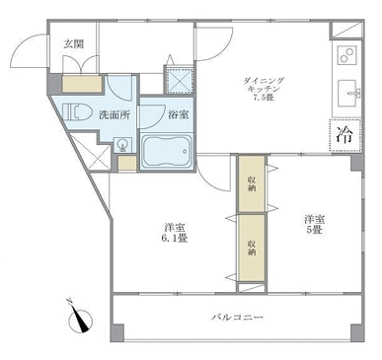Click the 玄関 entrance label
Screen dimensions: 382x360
click(x=73, y=44)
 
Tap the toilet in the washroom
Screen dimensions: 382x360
click(x=77, y=112)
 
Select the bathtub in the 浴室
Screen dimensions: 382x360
click(x=167, y=152)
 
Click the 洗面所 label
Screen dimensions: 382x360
click(x=115, y=115)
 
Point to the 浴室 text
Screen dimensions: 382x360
click(x=179, y=114)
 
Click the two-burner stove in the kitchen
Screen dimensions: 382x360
click(x=347, y=55)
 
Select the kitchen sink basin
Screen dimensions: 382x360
click(x=349, y=93)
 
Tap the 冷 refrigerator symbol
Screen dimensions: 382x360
click(x=345, y=135)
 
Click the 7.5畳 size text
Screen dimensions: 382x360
click(x=263, y=98)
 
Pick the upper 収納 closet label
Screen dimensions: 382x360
click(x=252, y=184)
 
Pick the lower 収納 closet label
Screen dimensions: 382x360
click(x=252, y=248)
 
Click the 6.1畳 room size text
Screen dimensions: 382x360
click(x=176, y=239)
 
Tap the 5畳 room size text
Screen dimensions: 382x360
click(x=314, y=230)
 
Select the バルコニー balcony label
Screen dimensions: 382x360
click(x=238, y=318)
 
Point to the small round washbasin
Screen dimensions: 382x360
click(x=123, y=145)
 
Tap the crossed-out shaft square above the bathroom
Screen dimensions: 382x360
click(x=179, y=80)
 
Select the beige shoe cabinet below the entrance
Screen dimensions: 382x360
click(x=82, y=84)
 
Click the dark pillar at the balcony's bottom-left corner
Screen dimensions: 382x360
click(x=117, y=333)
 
